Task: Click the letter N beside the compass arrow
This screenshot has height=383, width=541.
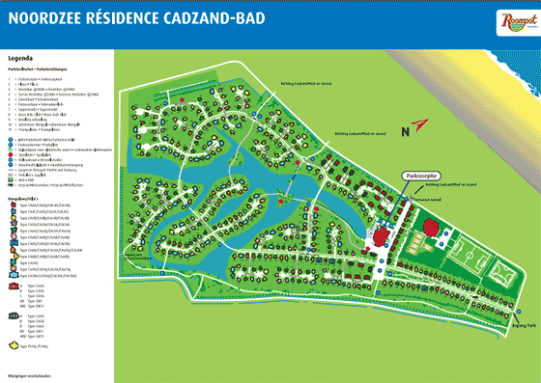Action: click(x=411, y=122)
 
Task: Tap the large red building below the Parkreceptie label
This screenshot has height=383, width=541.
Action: click(x=383, y=211)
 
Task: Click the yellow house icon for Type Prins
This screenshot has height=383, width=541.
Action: click(x=13, y=342)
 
